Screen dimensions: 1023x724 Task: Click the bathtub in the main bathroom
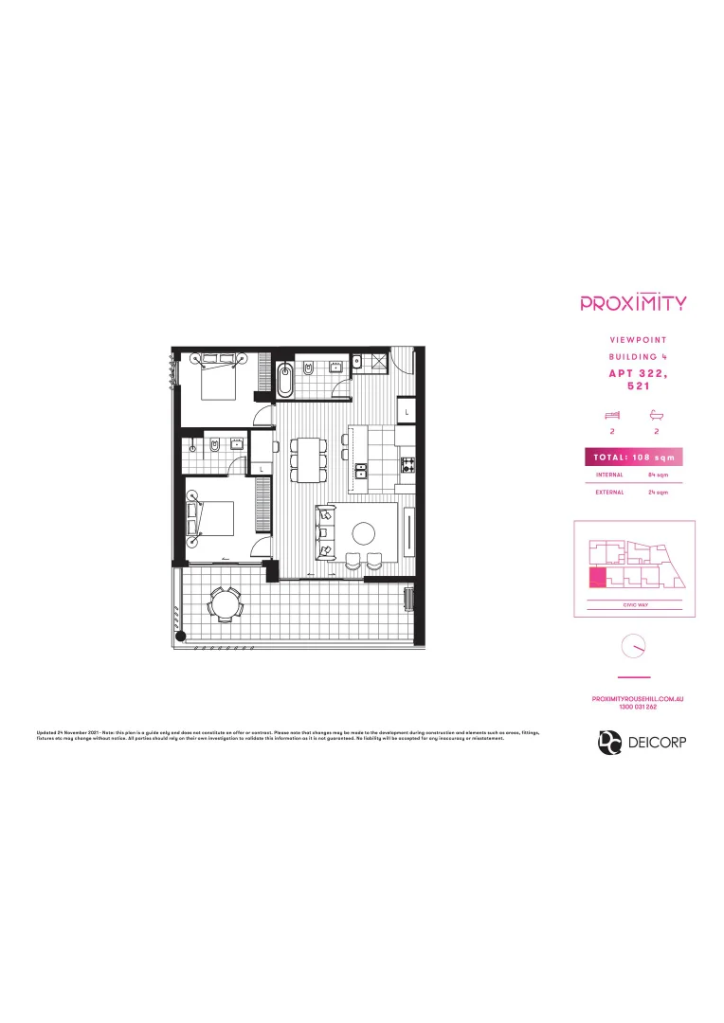(x=285, y=380)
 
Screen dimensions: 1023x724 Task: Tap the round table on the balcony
(x=225, y=602)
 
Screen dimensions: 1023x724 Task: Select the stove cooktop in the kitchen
(x=408, y=464)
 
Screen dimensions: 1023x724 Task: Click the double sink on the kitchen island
(x=360, y=470)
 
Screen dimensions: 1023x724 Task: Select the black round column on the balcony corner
(x=184, y=636)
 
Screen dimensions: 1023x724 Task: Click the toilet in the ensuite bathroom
(x=216, y=445)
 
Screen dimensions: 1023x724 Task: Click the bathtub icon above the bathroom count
(x=655, y=415)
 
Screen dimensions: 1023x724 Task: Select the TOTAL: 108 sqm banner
(x=633, y=458)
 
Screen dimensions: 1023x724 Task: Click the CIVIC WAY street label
(x=633, y=603)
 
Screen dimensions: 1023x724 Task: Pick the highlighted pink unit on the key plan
(x=598, y=579)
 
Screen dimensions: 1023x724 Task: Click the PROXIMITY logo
(x=633, y=303)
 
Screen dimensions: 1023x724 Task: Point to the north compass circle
(x=632, y=647)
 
